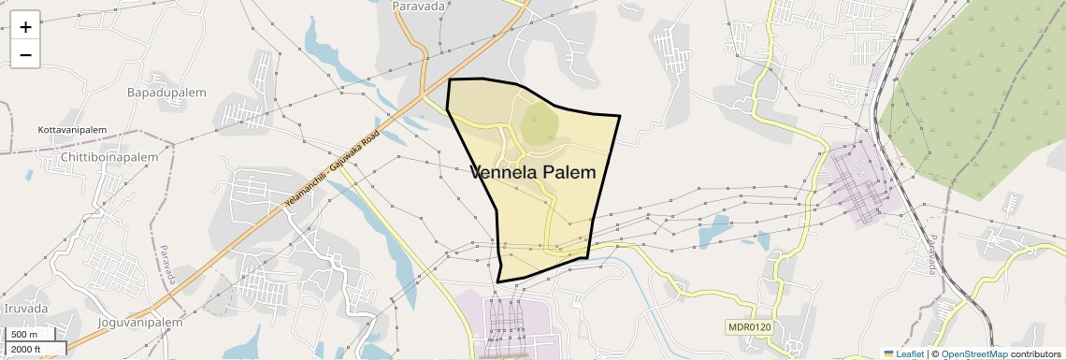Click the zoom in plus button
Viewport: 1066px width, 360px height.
click(x=25, y=27)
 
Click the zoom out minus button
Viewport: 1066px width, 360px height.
click(x=25, y=54)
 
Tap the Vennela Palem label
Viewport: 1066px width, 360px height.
click(x=532, y=172)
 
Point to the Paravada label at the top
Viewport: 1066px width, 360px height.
click(x=419, y=6)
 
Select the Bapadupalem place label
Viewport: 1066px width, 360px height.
click(x=166, y=93)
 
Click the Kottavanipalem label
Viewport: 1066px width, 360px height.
click(x=72, y=129)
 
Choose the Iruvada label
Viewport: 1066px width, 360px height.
click(x=25, y=309)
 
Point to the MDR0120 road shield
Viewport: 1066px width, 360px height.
click(x=749, y=326)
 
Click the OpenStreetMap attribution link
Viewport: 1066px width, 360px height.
click(x=973, y=353)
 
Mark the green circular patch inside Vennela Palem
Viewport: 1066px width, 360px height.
click(x=538, y=123)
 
